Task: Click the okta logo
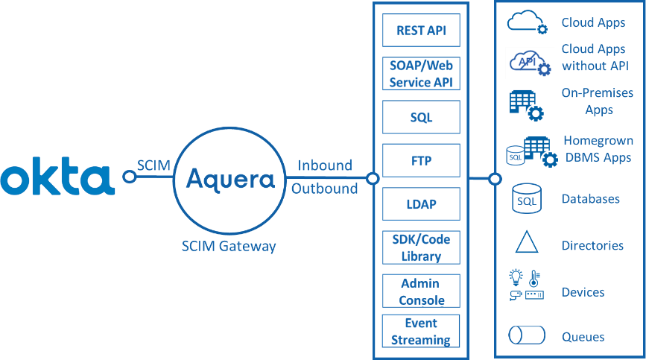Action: [57, 177]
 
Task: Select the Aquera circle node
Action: [229, 179]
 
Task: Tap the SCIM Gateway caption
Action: [229, 246]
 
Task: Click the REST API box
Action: [421, 31]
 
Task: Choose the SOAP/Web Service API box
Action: [421, 74]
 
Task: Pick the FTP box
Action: [421, 160]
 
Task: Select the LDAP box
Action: [421, 203]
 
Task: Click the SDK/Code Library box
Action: [421, 247]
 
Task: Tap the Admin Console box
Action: [421, 291]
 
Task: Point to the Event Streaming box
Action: [421, 332]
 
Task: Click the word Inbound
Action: [325, 165]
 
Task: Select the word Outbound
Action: [325, 189]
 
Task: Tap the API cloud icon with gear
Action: [529, 63]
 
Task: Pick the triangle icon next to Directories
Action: [527, 243]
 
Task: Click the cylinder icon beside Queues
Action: [527, 335]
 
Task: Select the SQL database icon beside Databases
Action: [527, 199]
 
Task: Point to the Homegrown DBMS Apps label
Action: [598, 148]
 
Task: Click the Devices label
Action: [583, 292]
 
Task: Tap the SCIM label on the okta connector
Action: [154, 165]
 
